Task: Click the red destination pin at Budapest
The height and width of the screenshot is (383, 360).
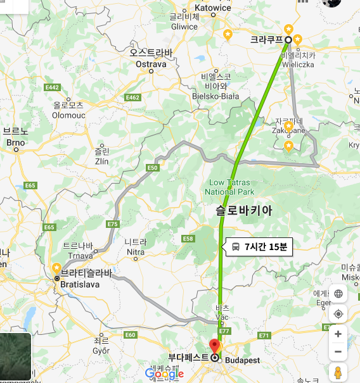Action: coord(214,346)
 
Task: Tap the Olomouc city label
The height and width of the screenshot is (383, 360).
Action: coord(68,115)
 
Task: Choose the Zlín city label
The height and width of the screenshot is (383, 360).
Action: coord(101,161)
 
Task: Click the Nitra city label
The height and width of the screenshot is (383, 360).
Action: coord(136,252)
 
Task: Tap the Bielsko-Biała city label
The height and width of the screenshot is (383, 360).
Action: coord(215,96)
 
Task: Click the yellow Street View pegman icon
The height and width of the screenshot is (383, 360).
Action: coord(338,372)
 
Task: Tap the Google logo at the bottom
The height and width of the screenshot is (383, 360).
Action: coord(164,374)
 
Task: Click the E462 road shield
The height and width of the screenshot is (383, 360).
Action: coord(133,97)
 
